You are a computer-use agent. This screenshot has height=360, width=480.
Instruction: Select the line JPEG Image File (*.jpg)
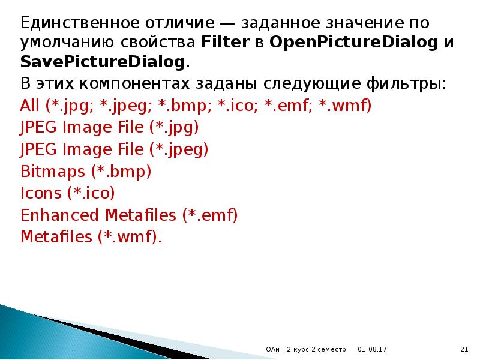(x=109, y=128)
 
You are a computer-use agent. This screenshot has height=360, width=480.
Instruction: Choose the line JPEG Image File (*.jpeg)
(x=114, y=149)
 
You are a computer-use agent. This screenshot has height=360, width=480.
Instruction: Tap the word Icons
(x=41, y=193)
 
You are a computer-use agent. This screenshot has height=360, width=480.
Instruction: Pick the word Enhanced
(x=60, y=215)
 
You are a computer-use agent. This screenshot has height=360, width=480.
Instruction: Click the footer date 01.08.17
(x=372, y=349)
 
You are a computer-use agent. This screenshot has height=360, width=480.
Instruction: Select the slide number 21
(x=463, y=349)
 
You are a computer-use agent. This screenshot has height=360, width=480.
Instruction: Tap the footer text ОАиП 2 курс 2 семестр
(x=306, y=349)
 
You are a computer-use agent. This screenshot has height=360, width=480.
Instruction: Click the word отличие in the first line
(x=179, y=23)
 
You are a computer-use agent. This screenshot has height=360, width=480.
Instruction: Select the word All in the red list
(x=30, y=106)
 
